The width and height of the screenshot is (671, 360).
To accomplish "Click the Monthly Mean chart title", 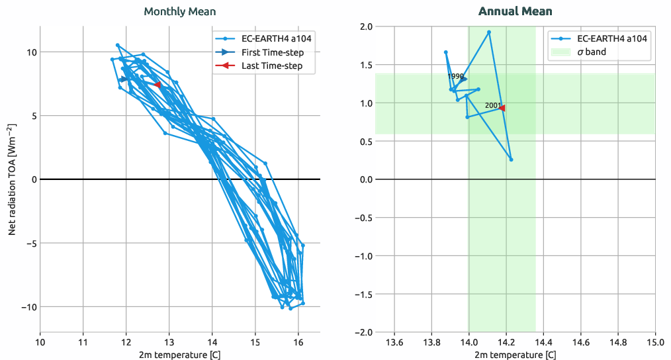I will tap(180, 11).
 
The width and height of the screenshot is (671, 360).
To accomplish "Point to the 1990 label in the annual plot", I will tap(455, 76).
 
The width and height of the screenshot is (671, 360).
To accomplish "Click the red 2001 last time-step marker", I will tap(502, 108).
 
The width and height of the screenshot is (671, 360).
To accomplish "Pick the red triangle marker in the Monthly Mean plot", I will tap(157, 85).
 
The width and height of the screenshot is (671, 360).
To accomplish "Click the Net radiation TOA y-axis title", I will tap(13, 179).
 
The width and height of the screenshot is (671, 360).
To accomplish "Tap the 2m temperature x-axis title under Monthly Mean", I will tap(180, 355).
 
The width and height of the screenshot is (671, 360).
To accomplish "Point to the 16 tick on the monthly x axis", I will tap(298, 342).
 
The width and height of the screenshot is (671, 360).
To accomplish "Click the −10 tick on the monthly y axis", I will tap(26, 306).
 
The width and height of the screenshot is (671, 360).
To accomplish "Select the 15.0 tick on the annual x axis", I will tap(655, 342).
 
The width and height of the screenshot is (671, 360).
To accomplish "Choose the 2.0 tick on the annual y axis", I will tap(365, 26).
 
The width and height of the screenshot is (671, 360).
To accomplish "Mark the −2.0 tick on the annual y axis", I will tap(363, 332).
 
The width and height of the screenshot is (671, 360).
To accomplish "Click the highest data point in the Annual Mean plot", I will tap(489, 32).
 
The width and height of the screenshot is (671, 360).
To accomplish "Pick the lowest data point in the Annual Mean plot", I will tap(511, 159).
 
